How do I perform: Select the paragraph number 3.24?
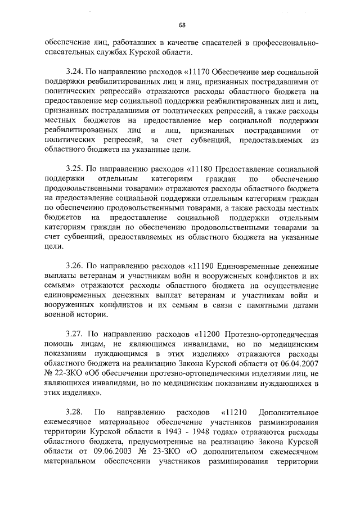tap(75, 73)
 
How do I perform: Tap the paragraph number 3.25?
tap(75, 168)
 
